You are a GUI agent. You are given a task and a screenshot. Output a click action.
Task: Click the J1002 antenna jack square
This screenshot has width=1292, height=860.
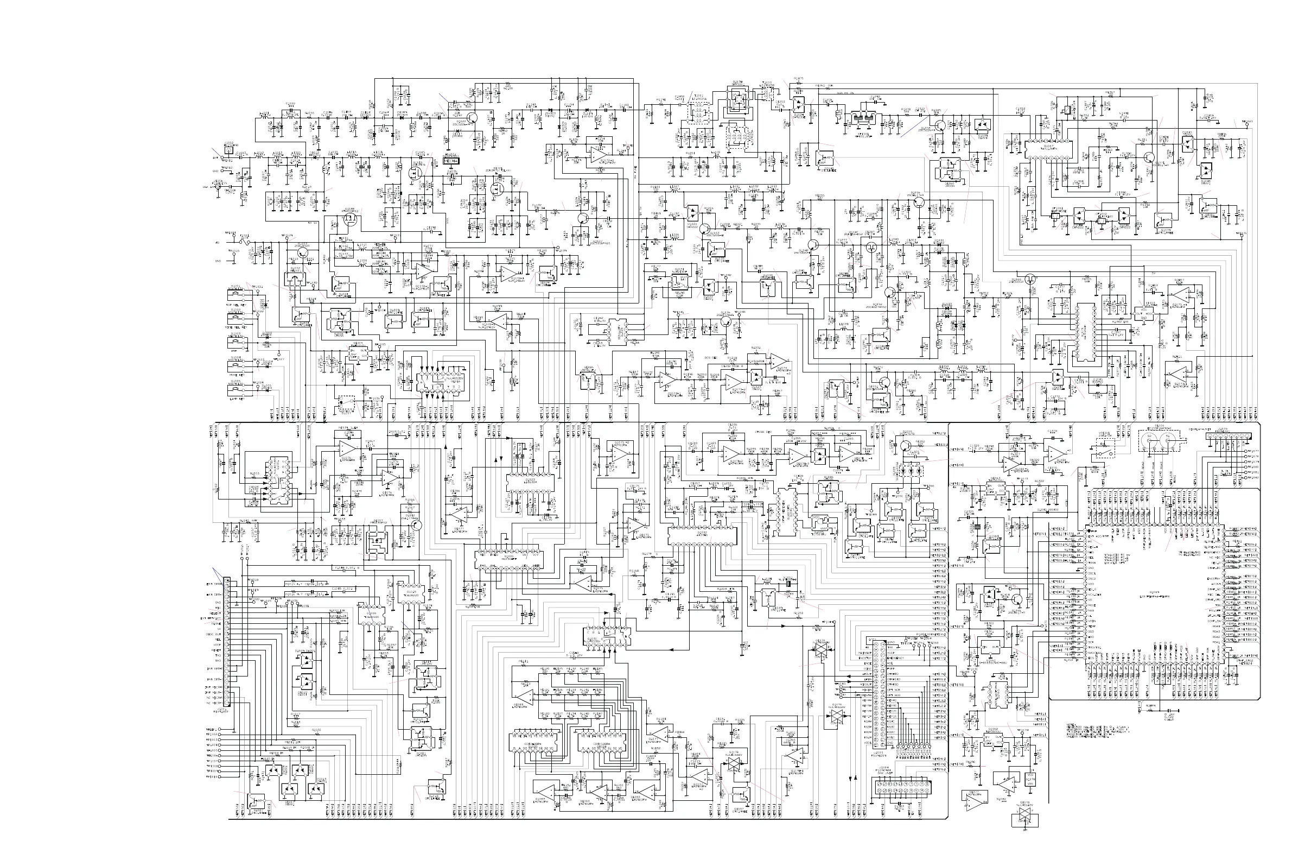point(228,149)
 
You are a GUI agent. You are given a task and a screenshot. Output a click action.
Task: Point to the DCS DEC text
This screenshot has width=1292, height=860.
point(711,357)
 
